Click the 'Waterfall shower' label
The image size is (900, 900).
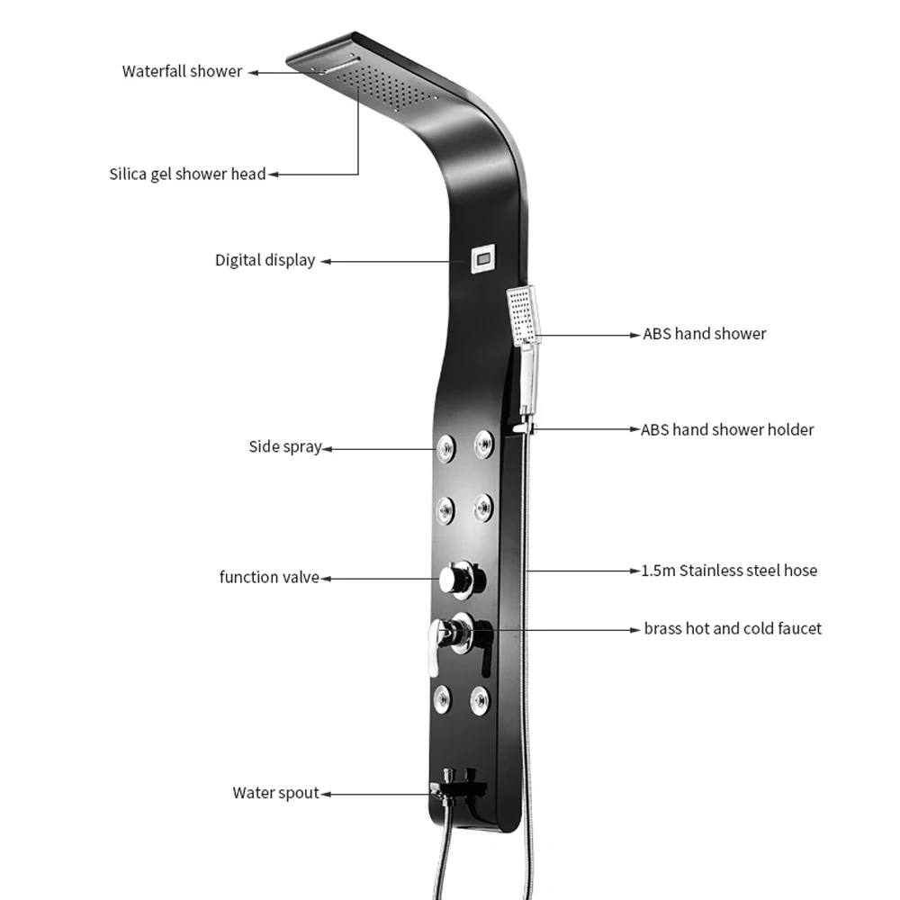point(182,71)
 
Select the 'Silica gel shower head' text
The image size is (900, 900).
point(187,174)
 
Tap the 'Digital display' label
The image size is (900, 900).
point(265,260)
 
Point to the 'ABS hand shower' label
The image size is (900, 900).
point(704,334)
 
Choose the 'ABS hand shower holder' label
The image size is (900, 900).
point(727,429)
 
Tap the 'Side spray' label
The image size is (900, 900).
point(284,446)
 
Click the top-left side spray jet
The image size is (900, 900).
point(445,446)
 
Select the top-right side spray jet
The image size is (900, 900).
point(484,441)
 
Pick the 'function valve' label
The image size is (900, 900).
point(269,577)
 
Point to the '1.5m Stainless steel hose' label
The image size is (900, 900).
point(729,570)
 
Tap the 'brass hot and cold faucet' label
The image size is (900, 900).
point(733,628)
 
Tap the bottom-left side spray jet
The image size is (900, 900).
point(442,698)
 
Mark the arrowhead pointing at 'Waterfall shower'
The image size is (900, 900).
point(254,72)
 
